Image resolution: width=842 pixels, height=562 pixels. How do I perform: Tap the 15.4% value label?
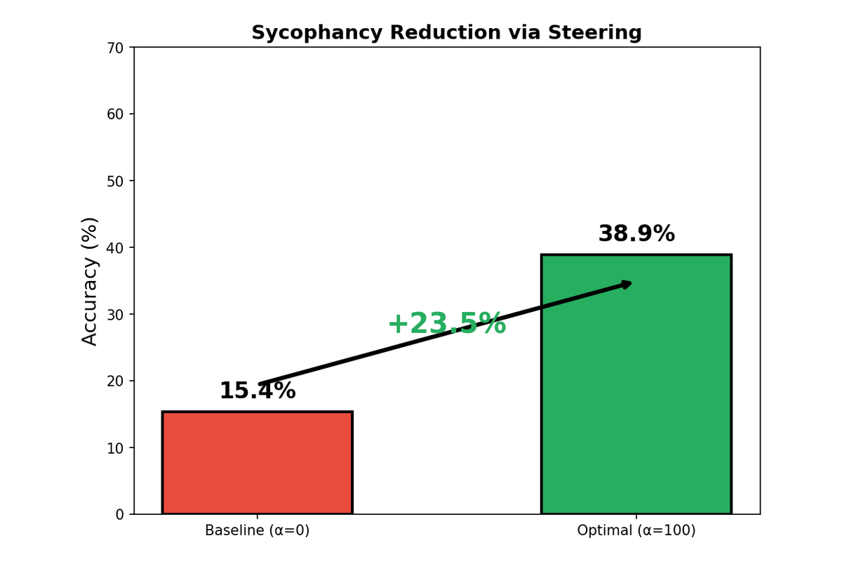point(257,391)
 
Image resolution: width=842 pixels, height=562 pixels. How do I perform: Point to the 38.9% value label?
point(636,234)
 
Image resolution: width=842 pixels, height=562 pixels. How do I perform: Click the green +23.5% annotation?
point(446,324)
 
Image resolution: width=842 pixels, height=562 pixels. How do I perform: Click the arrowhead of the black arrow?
point(627,284)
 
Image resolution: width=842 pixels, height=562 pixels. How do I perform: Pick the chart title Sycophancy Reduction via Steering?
point(446,33)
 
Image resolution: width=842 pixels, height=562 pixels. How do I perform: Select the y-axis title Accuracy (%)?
point(90,281)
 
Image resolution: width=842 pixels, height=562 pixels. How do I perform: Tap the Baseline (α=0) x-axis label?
point(257,531)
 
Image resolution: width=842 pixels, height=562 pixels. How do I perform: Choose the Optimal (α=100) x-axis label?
point(636,531)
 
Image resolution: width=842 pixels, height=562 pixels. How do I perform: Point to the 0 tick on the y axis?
point(119,514)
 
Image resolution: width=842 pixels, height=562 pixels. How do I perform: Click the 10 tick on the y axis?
point(115,447)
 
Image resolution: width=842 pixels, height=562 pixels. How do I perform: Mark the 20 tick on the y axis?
point(115,381)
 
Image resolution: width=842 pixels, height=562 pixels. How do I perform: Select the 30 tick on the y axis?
point(115,314)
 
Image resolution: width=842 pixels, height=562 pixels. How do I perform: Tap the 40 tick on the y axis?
point(115,247)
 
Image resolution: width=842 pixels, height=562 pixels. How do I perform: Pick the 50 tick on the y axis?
point(115,181)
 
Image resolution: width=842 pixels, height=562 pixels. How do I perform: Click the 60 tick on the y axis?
point(115,114)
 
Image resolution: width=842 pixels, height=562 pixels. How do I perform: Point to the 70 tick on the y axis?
point(115,48)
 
